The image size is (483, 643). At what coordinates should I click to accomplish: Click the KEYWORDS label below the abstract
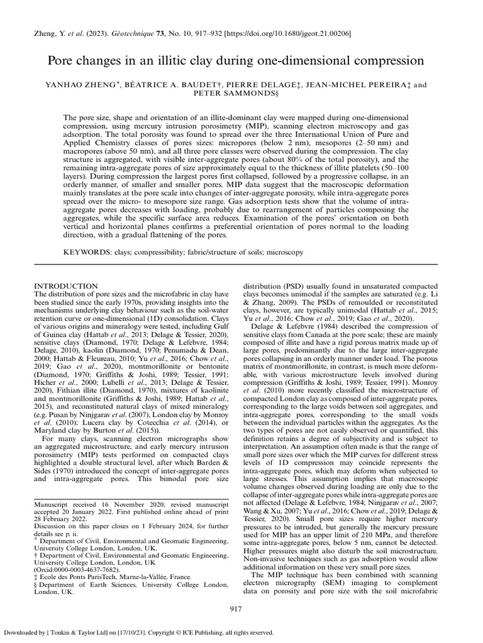click(x=87, y=252)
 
